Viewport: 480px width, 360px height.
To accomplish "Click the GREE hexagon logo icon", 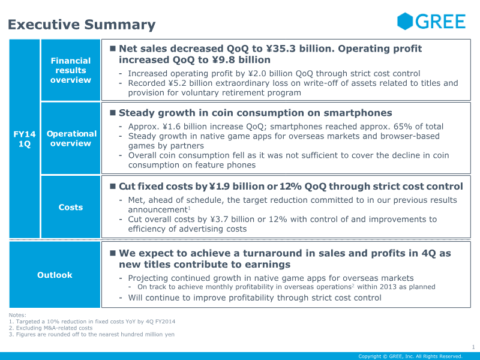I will [x=406, y=22].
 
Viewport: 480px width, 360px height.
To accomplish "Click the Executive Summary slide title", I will [x=82, y=25].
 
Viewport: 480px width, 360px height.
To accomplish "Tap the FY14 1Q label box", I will [x=25, y=139].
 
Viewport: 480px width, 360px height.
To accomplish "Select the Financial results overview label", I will [x=71, y=70].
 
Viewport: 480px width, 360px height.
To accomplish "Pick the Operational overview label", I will [x=71, y=139].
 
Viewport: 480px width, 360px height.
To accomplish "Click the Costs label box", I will [x=71, y=207].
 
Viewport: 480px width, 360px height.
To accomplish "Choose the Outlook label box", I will [x=55, y=275].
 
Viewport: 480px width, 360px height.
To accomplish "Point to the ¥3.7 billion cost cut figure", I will [x=229, y=220].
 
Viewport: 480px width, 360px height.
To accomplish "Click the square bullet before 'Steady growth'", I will [x=112, y=113].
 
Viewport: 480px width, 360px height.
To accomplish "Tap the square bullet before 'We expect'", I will [x=112, y=253].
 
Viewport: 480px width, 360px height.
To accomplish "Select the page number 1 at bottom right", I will [x=473, y=347].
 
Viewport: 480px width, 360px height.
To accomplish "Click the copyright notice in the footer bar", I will [x=410, y=356].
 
